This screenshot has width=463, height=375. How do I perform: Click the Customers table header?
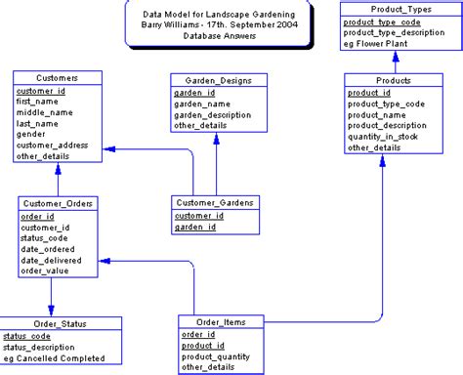[x=57, y=77]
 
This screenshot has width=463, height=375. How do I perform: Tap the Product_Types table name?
[x=396, y=8]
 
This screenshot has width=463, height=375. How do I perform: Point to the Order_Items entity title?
[x=221, y=322]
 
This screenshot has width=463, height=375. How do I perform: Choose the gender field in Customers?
[x=31, y=133]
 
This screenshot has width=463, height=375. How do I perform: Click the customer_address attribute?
[x=53, y=145]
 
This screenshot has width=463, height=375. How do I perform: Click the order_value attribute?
[x=45, y=271]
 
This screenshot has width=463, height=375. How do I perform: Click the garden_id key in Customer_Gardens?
[x=195, y=227]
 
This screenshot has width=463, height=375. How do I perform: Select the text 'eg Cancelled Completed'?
[x=56, y=359]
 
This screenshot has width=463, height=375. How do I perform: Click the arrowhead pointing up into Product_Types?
[x=395, y=56]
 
